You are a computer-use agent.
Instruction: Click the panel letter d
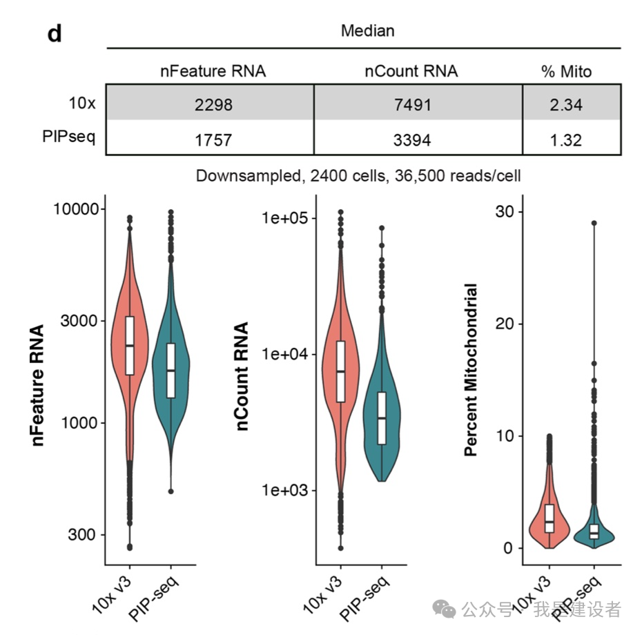click(55, 32)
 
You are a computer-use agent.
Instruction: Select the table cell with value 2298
click(213, 105)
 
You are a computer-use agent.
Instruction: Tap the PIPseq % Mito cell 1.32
click(566, 140)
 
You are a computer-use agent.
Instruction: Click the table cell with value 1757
click(213, 140)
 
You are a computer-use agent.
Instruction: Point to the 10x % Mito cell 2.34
click(566, 105)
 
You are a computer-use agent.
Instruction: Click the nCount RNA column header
click(411, 71)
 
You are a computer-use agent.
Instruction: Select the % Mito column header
click(566, 71)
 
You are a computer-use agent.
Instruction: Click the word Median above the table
click(368, 31)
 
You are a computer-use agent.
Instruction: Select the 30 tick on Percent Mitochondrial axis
click(509, 211)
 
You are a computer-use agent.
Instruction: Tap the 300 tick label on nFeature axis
click(81, 535)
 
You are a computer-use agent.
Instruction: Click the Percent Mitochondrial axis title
click(471, 369)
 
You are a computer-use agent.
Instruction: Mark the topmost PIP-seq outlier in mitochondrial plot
click(594, 224)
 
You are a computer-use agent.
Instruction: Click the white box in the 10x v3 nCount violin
click(340, 371)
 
